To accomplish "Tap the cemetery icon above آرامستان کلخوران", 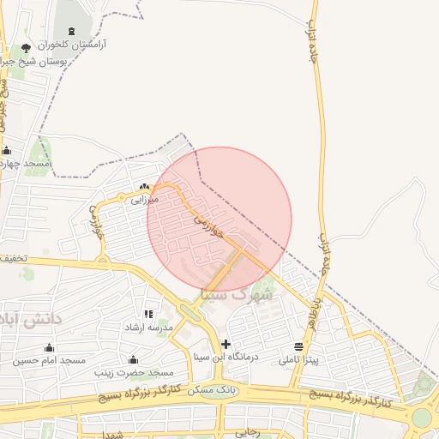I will click(70, 31).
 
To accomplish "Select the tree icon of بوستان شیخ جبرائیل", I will click(25, 48).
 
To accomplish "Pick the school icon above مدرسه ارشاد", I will click(148, 315).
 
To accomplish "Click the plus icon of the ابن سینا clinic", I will click(226, 344).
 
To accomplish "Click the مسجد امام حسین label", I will click(49, 360).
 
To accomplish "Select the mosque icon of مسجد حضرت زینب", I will click(133, 359).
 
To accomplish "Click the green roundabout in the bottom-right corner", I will click(422, 418).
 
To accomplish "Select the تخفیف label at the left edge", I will click(13, 257).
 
